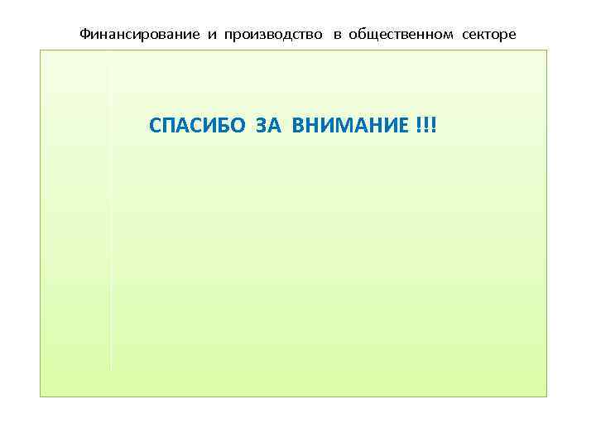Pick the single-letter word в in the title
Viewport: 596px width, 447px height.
click(338, 35)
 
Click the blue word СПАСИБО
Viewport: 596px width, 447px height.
click(193, 126)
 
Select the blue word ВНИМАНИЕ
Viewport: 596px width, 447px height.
click(348, 126)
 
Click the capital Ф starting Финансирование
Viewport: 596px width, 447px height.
click(84, 34)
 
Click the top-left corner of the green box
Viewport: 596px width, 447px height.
click(40, 50)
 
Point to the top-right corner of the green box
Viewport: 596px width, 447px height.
click(547, 50)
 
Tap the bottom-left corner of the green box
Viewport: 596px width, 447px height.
click(40, 397)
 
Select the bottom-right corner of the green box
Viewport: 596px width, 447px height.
click(547, 397)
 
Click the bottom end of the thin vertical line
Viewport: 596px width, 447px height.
click(110, 368)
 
